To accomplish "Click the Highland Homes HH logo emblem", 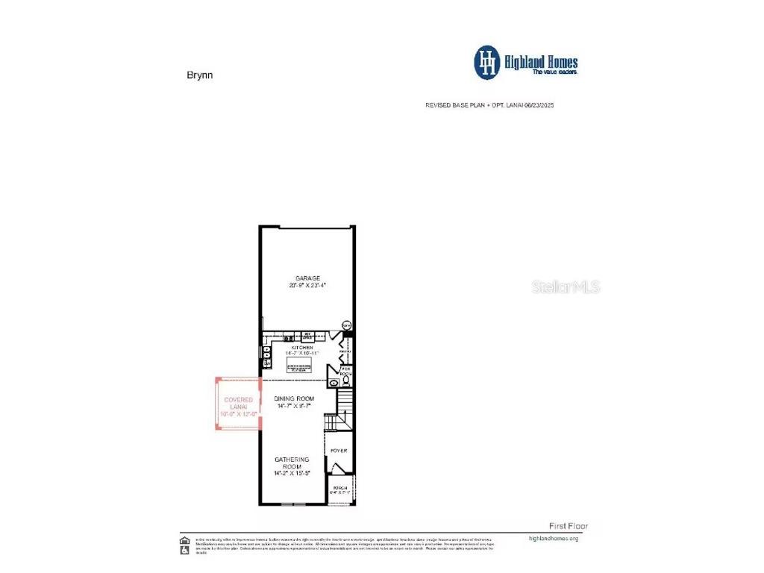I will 488,63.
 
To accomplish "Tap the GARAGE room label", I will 307,278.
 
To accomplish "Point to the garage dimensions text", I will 307,286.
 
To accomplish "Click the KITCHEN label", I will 297,348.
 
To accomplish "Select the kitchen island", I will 299,364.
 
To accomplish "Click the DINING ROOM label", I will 294,399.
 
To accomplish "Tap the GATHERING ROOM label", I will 292,463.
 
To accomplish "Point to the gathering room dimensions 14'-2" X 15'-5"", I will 292,473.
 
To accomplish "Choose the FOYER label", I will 339,451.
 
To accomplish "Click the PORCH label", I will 339,488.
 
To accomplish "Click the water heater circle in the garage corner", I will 346,325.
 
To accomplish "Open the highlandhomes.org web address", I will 553,538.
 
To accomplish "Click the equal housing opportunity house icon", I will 184,541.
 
